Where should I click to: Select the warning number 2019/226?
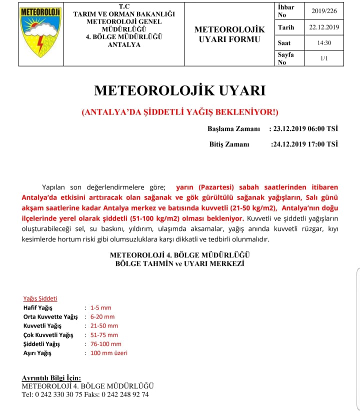[324, 11]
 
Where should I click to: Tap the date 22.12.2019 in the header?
[324, 27]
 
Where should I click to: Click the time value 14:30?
[324, 43]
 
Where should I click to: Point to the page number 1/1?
[324, 58]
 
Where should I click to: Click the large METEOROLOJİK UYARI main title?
[179, 90]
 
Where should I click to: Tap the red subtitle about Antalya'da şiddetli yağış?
[180, 112]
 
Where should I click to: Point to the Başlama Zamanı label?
[233, 129]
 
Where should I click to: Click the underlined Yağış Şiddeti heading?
[40, 298]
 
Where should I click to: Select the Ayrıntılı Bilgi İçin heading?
[51, 378]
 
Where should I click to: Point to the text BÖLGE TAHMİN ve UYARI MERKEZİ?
[179, 263]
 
